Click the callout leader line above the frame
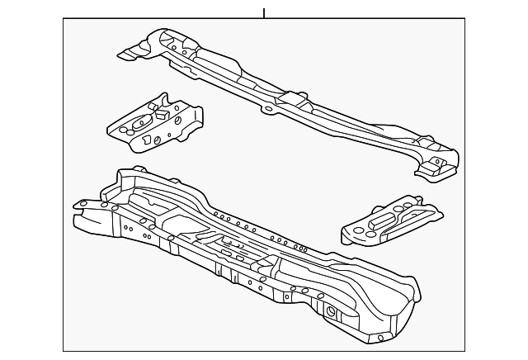click(264, 13)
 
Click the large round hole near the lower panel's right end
click(332, 313)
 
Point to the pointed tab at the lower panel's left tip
click(80, 204)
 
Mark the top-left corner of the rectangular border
click(64, 20)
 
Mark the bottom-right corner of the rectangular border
click(464, 351)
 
